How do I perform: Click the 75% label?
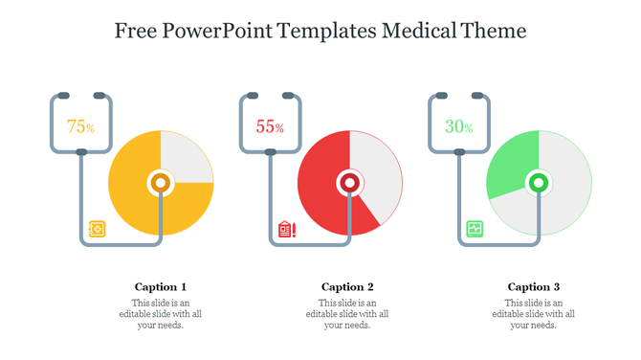point(80,126)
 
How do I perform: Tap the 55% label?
point(270,126)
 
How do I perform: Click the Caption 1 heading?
point(161,286)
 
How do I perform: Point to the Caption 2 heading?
point(347,286)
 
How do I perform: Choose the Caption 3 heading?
point(534,286)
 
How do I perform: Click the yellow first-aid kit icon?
point(97,229)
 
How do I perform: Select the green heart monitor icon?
point(475,229)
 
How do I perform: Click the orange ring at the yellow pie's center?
point(161,182)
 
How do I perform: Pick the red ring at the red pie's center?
point(350,182)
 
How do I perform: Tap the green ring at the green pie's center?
point(539,182)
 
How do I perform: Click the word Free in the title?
point(137,31)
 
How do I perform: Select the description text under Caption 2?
point(347,314)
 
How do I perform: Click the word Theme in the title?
point(497,31)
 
